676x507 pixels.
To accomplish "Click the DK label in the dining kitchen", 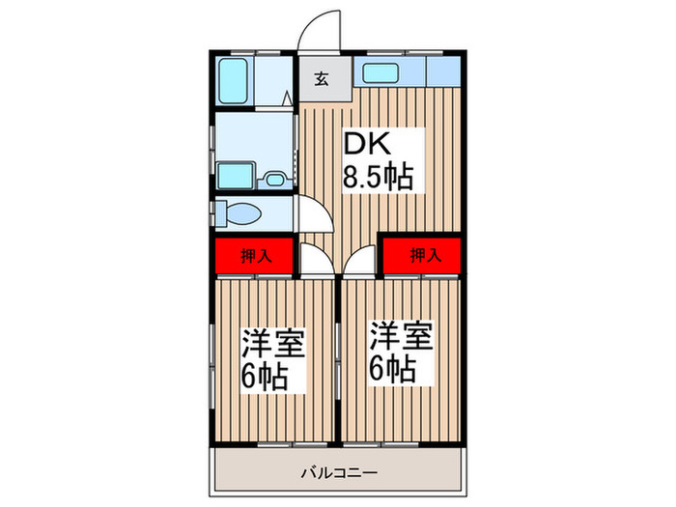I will tap(368, 144).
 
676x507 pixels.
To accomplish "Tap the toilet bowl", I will tap(237, 211).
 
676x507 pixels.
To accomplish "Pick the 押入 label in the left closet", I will tap(255, 256).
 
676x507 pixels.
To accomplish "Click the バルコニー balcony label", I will tap(337, 472).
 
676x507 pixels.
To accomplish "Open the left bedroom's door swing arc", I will tap(315, 256).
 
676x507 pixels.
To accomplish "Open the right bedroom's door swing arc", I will tap(359, 256).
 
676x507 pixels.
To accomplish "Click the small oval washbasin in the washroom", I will tap(274, 178).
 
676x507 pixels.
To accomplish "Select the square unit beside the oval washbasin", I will tap(236, 176).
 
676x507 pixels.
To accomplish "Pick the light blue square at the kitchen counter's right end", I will tap(442, 71).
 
